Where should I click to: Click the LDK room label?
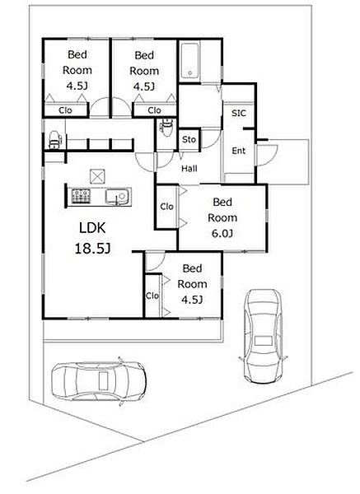92,228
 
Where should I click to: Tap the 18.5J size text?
92,249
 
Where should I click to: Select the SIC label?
239,113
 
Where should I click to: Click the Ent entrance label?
239,151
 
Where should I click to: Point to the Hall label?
189,169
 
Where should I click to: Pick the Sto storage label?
189,139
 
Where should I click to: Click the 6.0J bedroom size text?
222,234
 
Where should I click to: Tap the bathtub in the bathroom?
189,62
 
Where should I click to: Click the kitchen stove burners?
82,196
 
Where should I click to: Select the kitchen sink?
117,197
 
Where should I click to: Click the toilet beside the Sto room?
166,127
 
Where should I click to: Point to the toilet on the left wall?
56,140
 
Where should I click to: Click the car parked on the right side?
263,336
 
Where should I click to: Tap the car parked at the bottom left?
99,381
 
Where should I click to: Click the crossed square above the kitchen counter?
97,176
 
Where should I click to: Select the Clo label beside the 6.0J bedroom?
166,207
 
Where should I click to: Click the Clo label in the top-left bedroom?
66,110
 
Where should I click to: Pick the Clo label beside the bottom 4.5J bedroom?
152,296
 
